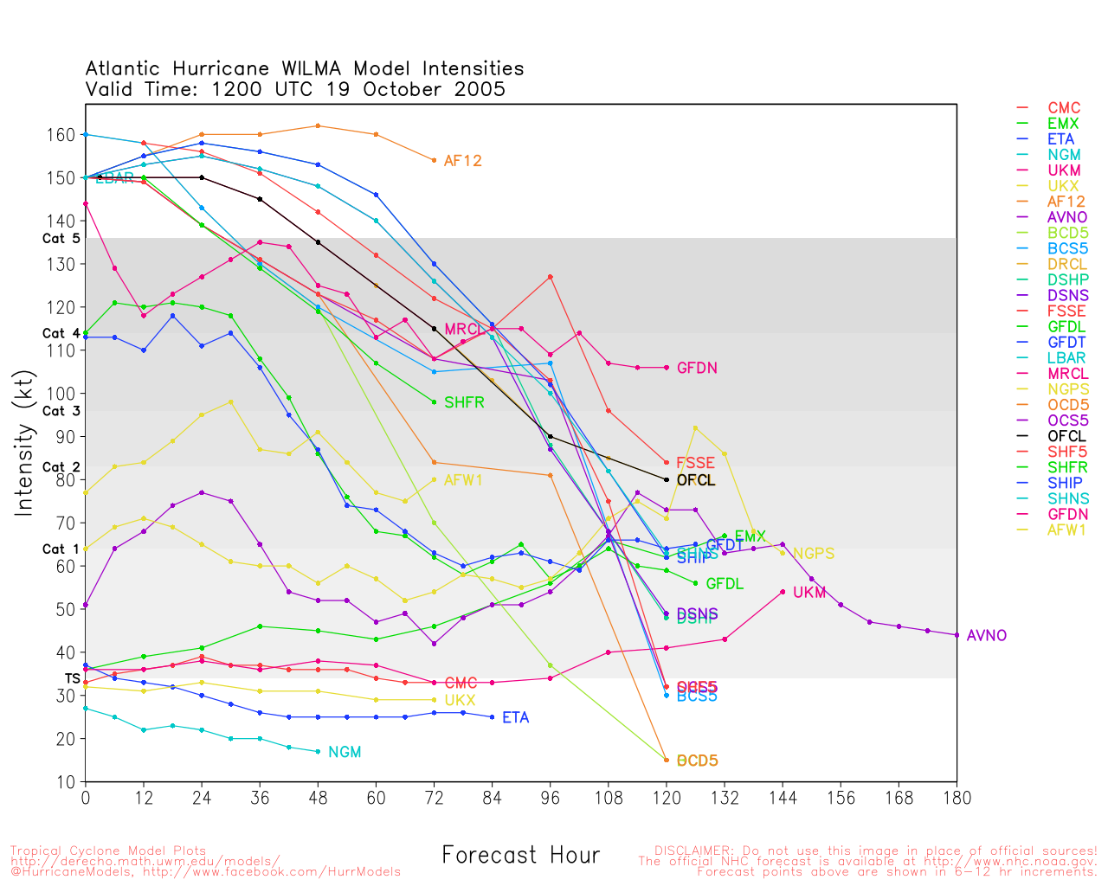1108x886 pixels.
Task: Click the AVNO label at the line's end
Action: [986, 636]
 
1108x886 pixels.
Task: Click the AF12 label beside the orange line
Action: [462, 161]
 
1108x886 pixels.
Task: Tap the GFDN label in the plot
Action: [697, 369]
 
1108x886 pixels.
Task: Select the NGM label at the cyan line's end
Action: [345, 753]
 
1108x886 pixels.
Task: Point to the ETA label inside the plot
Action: [515, 718]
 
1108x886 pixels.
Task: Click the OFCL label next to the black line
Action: [696, 480]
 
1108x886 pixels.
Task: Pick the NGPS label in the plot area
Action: [814, 554]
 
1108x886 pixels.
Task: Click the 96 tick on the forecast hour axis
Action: [551, 798]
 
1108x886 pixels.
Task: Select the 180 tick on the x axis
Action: [957, 798]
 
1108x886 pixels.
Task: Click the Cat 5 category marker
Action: [61, 239]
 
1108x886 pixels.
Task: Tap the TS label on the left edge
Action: [73, 679]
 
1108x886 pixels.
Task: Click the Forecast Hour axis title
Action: [520, 856]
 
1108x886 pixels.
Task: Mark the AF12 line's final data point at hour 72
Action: [434, 160]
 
